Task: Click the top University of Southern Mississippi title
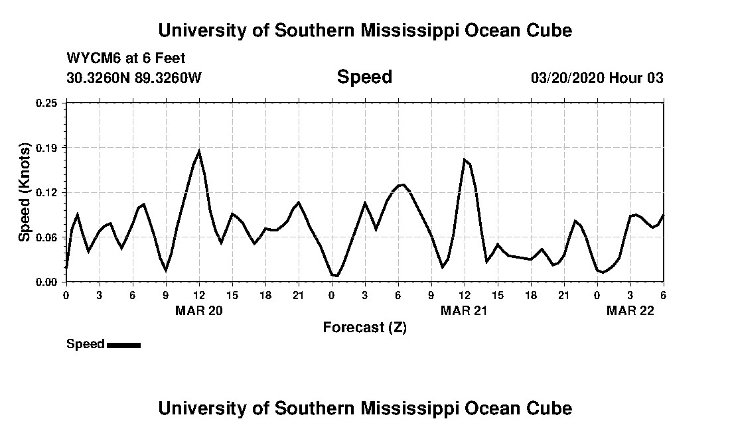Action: (364, 31)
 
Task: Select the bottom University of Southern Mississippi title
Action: (364, 408)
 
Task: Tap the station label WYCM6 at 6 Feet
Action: (125, 58)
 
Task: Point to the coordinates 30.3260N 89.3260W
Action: (133, 78)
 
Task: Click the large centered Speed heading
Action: (364, 77)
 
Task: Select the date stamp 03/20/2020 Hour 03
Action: (597, 78)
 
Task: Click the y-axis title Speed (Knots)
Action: (25, 192)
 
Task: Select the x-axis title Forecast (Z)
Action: (364, 328)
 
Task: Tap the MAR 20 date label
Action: (199, 311)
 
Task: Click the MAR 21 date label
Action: (465, 311)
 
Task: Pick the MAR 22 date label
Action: (630, 311)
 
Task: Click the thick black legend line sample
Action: (123, 345)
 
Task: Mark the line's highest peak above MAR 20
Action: (199, 152)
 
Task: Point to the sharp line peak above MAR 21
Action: (465, 159)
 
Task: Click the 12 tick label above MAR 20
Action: (199, 295)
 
